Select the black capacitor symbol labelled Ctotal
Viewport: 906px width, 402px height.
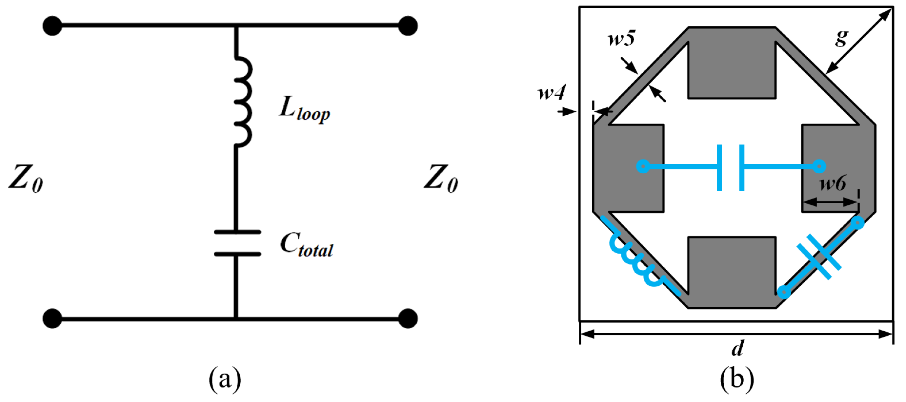click(237, 243)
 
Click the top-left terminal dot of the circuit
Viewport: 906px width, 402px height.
click(52, 26)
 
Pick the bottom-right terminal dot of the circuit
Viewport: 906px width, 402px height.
click(408, 318)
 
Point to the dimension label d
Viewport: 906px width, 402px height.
click(737, 348)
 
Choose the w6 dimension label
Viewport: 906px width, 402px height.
click(833, 183)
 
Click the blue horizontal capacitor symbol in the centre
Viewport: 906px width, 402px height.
click(731, 168)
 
